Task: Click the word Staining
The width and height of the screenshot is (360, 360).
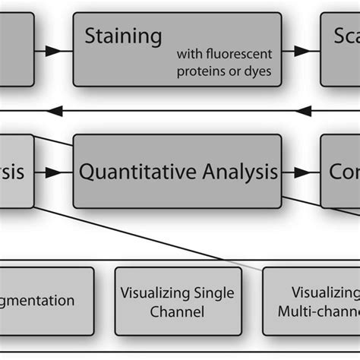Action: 123,36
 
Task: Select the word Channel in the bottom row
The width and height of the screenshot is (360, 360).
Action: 178,311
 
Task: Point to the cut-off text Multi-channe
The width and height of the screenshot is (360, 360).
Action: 318,311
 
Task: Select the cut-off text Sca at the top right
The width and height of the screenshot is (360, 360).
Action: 346,36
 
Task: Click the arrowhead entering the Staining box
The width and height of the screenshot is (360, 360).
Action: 53,51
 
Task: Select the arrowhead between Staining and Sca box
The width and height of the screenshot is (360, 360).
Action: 303,51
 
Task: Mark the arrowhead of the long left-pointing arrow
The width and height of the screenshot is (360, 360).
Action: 55,112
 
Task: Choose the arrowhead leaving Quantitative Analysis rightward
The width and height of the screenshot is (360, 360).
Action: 303,173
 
